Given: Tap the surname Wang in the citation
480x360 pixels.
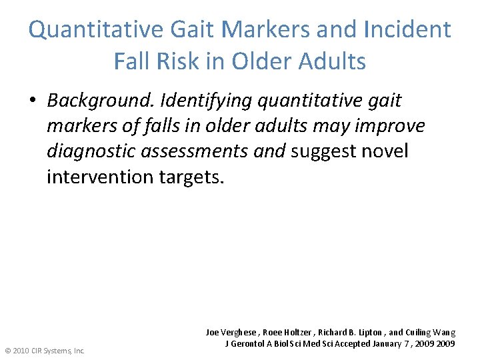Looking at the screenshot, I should [x=445, y=332].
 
